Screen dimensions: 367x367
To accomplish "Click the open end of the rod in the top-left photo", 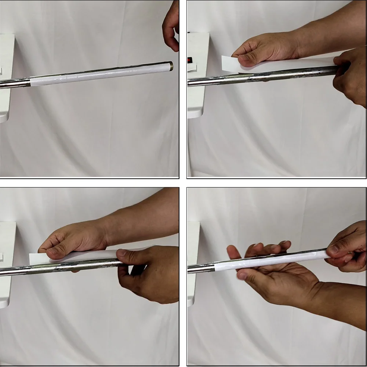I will click(171, 66).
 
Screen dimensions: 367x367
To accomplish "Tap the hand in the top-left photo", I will click(171, 26).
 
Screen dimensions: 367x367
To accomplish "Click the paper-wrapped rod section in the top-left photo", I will click(99, 74).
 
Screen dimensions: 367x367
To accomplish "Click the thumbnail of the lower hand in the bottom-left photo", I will click(121, 253).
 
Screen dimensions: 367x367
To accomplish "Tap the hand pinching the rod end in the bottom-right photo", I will click(347, 250).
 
